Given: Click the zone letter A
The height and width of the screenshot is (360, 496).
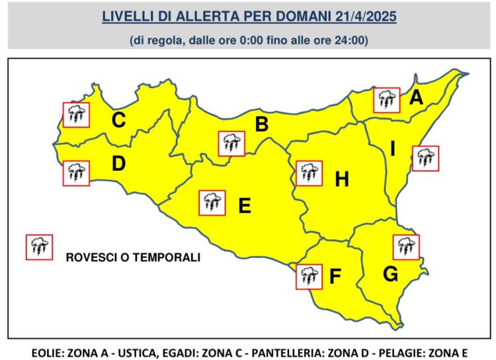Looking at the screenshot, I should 416,98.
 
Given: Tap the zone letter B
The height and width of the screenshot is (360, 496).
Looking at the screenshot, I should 262,123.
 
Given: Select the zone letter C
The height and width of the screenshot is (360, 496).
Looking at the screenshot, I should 118,120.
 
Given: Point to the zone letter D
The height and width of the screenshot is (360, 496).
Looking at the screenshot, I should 118,163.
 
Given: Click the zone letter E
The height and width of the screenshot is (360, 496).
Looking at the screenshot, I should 244,206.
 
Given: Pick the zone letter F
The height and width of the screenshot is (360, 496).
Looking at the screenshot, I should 335,277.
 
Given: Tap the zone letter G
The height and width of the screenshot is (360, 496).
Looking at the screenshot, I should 390,273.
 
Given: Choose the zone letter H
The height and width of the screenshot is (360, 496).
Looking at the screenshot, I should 342,179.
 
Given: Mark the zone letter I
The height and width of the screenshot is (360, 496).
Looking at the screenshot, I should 392,150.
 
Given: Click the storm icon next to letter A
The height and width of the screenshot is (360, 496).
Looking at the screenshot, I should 386,100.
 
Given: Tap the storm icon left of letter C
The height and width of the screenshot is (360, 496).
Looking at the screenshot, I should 76,115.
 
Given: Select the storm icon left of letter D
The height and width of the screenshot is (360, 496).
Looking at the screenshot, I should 76,173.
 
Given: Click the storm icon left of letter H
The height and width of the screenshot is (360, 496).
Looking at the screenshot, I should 309,173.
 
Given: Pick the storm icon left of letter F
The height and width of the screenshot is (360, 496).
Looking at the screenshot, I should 309,276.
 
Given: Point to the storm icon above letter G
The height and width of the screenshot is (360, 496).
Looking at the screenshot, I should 406,247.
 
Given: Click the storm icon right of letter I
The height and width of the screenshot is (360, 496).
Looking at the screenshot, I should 425,158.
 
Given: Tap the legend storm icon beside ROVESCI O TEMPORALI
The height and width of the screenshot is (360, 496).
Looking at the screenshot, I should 38,247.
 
